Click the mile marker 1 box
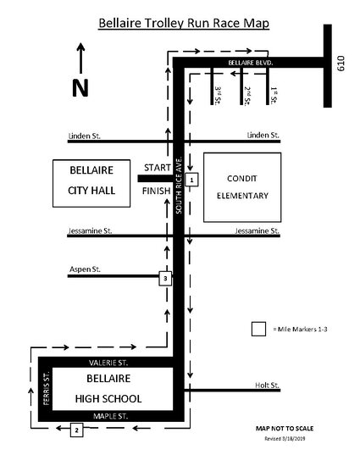(191, 180)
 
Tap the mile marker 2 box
(76, 430)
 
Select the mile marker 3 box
(165, 279)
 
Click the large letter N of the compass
(80, 88)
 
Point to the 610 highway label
(341, 64)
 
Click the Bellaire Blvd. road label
(251, 63)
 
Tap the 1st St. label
(274, 95)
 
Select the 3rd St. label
(218, 95)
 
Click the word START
(158, 168)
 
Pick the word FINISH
(157, 191)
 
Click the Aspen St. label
(85, 269)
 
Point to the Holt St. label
(267, 386)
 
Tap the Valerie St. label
(108, 363)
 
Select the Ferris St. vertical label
(46, 388)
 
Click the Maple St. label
(110, 416)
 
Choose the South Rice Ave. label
(179, 185)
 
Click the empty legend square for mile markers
(258, 329)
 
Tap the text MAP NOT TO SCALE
(285, 428)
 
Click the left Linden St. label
(85, 136)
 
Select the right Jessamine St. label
(257, 230)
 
